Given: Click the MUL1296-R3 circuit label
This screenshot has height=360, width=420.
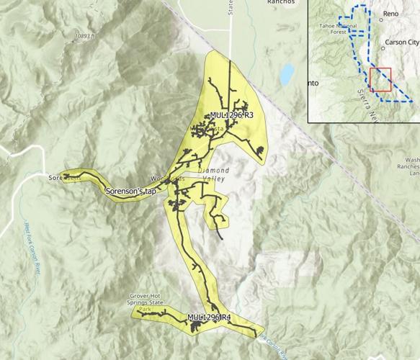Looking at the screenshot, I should click(x=232, y=114).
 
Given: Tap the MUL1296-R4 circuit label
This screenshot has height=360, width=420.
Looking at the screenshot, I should click(x=209, y=318).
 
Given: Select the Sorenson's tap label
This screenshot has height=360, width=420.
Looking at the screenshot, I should click(x=130, y=192).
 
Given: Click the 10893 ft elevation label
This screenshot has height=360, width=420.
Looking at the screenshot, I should click(x=88, y=35).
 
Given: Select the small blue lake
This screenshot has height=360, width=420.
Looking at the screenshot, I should click(x=287, y=73).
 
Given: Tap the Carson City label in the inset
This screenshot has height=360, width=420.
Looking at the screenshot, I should click(x=403, y=42).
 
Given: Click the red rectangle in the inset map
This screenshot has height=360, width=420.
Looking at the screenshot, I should click(x=380, y=79).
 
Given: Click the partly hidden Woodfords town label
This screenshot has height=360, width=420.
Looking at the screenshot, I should click(x=162, y=177).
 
